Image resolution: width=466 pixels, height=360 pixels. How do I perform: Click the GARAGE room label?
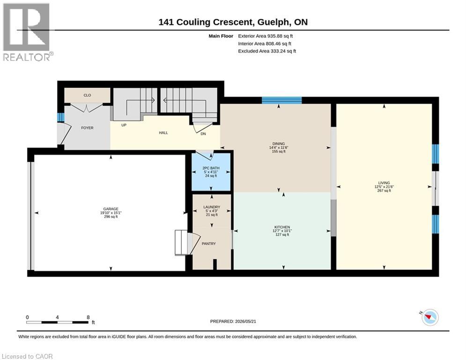[x=111, y=209]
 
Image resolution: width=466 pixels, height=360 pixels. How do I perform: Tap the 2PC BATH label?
[x=211, y=168]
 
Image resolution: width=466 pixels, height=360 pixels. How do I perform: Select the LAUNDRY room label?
[x=212, y=207]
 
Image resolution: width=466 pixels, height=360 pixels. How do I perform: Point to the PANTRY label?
[x=208, y=244]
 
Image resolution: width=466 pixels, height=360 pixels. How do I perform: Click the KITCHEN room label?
[x=282, y=227]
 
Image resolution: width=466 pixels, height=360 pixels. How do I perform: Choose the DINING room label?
[x=279, y=144]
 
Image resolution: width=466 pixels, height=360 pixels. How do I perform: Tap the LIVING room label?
[x=384, y=183]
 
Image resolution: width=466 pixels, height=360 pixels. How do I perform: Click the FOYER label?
[x=87, y=128]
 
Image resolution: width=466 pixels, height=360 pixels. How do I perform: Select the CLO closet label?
[x=87, y=95]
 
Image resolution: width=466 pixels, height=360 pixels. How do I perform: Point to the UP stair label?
[x=124, y=125]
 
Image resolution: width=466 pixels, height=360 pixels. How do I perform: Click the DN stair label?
[x=203, y=134]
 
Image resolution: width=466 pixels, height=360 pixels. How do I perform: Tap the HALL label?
[x=163, y=133]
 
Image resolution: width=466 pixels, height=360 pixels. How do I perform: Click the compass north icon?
[x=430, y=317]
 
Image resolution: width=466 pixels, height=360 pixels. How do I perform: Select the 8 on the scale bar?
[x=88, y=317]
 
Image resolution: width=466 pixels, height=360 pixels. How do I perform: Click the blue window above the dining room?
[x=282, y=100]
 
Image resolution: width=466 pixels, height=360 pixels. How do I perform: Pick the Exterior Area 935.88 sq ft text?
[x=266, y=36]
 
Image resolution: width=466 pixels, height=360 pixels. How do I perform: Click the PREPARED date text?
[x=233, y=321]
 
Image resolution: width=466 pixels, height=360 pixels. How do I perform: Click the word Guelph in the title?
[x=273, y=22]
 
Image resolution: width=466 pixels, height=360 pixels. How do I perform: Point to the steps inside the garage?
[x=181, y=242]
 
